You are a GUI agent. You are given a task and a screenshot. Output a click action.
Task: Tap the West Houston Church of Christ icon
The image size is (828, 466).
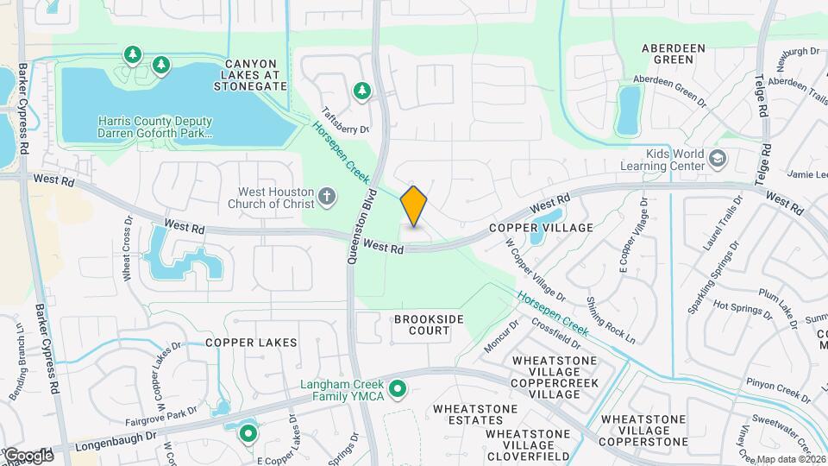(326, 197)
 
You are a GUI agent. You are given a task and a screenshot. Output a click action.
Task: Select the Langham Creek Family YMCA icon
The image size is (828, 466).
(398, 390)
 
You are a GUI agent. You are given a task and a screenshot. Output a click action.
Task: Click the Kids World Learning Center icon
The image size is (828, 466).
(718, 159)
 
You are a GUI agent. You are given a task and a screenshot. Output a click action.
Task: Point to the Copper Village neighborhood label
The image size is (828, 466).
(542, 228)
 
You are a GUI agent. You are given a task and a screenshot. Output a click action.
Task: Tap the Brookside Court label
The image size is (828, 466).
(423, 324)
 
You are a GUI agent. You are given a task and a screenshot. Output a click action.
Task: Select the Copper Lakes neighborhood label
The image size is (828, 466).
(251, 343)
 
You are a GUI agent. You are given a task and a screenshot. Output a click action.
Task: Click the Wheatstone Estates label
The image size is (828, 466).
(475, 415)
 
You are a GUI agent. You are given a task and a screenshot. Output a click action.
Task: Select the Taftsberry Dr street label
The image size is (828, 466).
(345, 120)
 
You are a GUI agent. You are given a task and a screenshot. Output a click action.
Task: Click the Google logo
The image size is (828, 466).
(28, 455)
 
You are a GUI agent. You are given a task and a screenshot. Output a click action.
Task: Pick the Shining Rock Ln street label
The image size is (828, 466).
(611, 319)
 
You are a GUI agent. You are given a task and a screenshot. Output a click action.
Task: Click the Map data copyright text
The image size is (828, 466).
(791, 459)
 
